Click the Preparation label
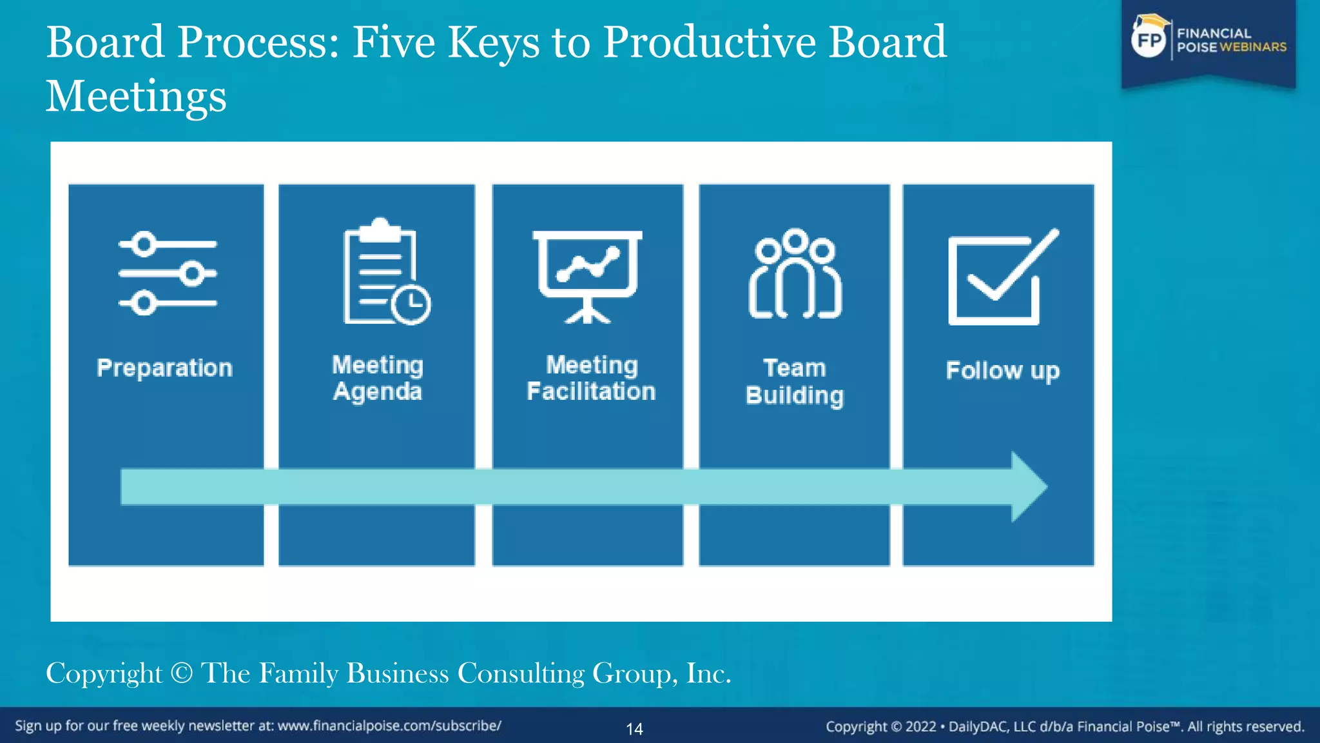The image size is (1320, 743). pos(164,368)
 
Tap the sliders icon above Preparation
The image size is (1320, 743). pos(168,273)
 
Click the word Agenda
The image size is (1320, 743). pos(378,391)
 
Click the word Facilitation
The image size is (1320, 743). pos(591,391)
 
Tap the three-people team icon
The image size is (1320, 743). pos(795,274)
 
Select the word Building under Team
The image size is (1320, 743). pos(795,395)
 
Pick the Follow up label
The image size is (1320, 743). pos(1002,371)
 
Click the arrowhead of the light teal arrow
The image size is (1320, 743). pos(1029,487)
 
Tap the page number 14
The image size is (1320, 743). pos(634,729)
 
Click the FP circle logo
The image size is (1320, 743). pos(1149,40)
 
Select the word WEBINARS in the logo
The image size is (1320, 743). pos(1253,47)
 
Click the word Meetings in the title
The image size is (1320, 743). pos(137,96)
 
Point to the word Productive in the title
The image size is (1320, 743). pos(710,43)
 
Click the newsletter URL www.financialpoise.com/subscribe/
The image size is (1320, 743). pos(389,726)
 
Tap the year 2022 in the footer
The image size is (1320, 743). pos(920,726)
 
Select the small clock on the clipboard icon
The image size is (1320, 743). pos(411,304)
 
